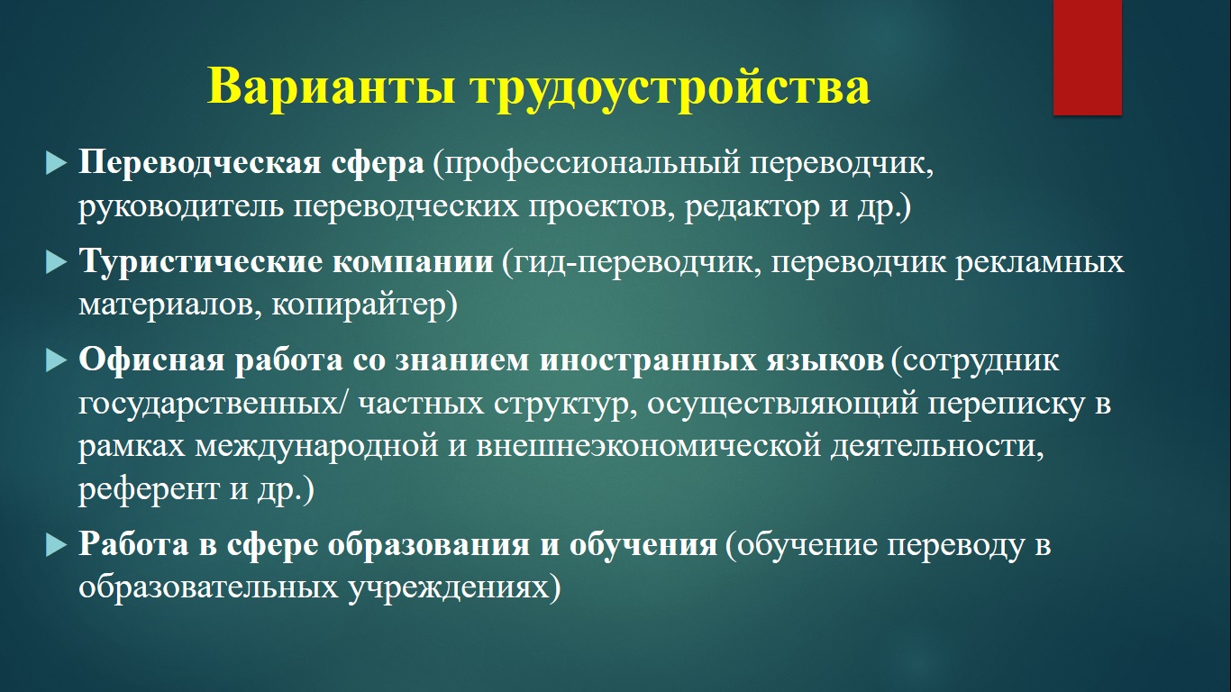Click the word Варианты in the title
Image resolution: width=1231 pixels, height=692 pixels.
[331, 86]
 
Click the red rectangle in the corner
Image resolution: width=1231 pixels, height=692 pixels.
[1087, 58]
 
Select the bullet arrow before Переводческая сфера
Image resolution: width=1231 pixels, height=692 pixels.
[56, 164]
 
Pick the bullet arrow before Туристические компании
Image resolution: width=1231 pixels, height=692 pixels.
[56, 263]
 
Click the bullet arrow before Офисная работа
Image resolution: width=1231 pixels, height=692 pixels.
[56, 361]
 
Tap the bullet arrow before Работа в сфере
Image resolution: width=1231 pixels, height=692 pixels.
[56, 546]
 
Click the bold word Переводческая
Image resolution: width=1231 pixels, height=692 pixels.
[200, 164]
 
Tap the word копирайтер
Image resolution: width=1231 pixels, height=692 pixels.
[360, 305]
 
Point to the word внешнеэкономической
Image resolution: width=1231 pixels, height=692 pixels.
[648, 446]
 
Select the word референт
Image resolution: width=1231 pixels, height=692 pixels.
[149, 490]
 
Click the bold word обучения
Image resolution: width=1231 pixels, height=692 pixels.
[643, 546]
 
